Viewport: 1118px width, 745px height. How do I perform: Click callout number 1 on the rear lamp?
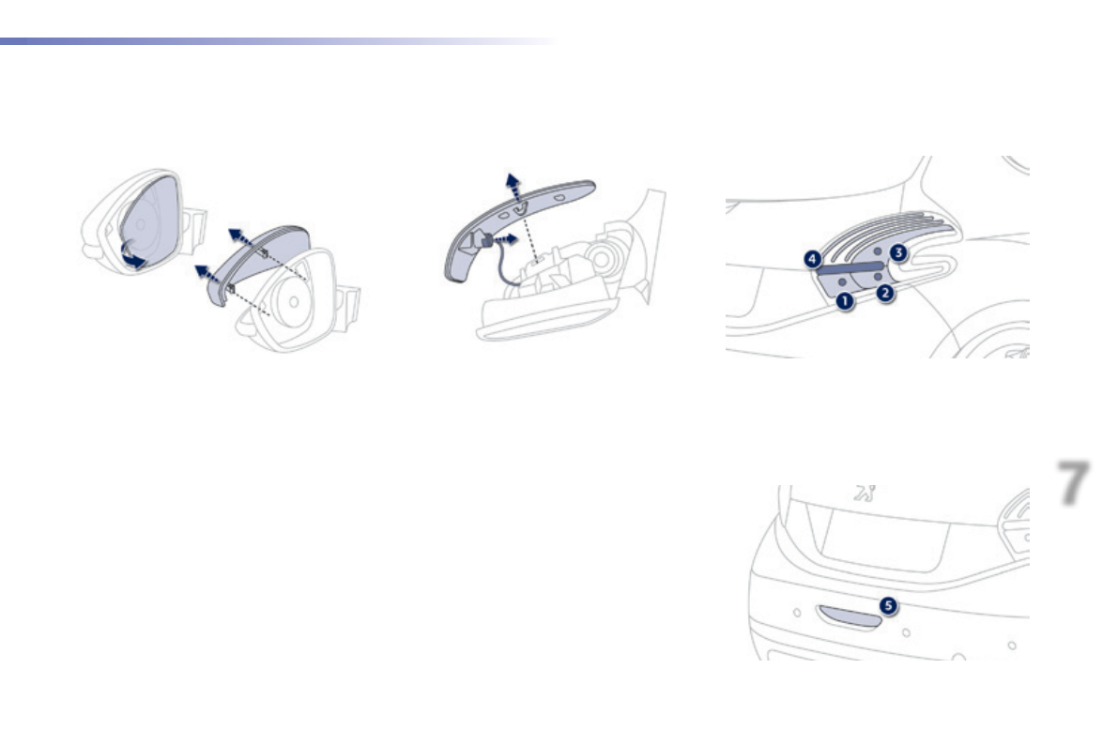pos(845,301)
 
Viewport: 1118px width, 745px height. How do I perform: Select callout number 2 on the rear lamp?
pos(884,293)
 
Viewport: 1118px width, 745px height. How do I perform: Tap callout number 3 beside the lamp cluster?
pos(898,251)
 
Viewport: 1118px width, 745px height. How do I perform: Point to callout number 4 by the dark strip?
pos(813,257)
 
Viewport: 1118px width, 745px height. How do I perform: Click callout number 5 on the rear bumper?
pos(887,607)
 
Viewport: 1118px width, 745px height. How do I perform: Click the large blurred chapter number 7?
pos(1074,483)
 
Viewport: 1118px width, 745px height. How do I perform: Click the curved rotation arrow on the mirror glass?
pos(134,258)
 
